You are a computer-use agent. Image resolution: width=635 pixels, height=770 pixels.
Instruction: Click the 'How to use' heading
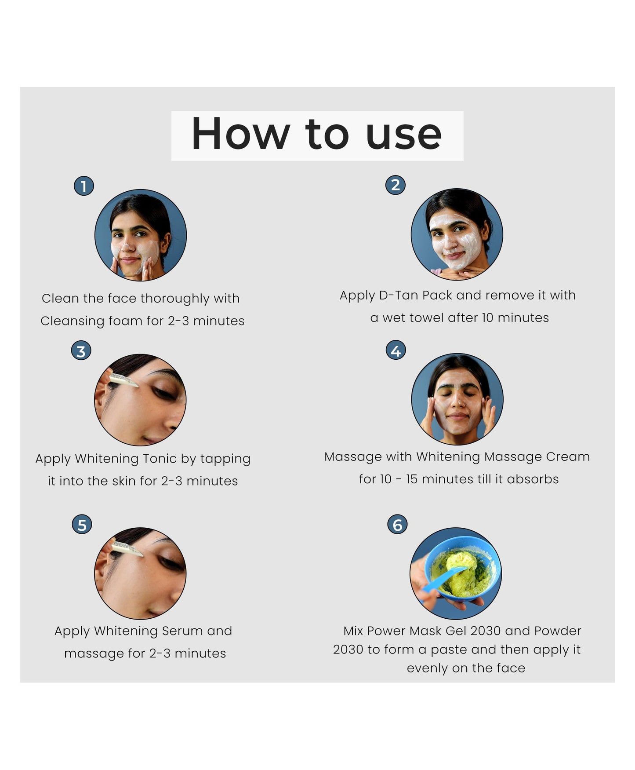click(316, 134)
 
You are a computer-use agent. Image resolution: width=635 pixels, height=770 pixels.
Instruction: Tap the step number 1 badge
click(84, 186)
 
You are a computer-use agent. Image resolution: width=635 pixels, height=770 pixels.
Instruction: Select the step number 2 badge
click(396, 185)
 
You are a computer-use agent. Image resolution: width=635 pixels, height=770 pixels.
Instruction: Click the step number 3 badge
click(81, 351)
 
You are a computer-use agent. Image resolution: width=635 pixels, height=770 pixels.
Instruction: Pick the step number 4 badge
click(396, 350)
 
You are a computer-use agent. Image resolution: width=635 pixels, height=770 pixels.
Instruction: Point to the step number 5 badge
click(82, 525)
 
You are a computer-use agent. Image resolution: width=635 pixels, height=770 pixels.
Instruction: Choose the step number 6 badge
click(398, 524)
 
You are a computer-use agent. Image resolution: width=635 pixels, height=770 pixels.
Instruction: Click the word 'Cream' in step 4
click(568, 456)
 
